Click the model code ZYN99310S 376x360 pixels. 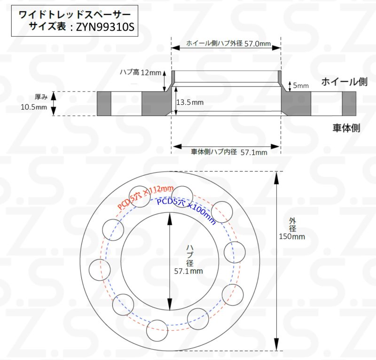(105, 28)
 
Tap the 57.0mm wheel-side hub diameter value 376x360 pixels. (259, 44)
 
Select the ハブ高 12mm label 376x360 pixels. (141, 72)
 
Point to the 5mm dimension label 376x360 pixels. (301, 86)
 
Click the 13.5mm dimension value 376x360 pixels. (190, 102)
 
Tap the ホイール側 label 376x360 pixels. (344, 82)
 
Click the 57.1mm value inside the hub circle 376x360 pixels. (188, 271)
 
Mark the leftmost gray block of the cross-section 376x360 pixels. (104, 103)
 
